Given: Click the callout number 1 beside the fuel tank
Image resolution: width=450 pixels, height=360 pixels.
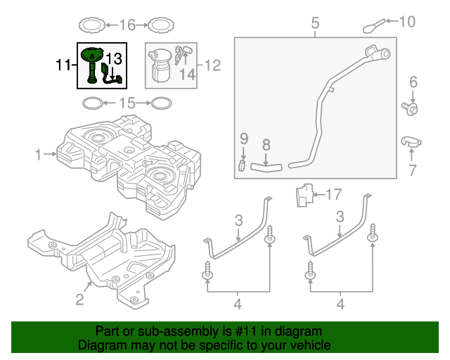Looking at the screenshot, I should (38, 153).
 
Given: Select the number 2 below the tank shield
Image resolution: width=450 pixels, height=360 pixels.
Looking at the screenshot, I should (79, 300).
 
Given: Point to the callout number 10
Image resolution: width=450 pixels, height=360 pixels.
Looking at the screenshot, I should (407, 22).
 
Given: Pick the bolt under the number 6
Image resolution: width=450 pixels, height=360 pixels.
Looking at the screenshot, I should (412, 108).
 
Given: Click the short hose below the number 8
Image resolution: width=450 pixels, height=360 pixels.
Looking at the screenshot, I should (266, 167).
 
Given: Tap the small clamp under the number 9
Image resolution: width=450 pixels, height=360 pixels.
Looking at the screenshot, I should (241, 166).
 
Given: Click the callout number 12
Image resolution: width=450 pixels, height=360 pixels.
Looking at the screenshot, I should (212, 65).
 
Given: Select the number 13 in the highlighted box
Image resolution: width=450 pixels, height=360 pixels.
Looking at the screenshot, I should (114, 58).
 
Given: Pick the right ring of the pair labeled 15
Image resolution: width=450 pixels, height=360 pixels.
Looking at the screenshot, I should (161, 104).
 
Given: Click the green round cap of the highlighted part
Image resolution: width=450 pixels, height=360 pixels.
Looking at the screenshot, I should (92, 53).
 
